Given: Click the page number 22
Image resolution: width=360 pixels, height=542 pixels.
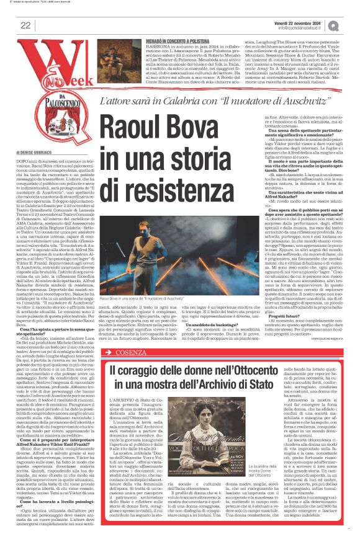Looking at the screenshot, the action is click(25, 25).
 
